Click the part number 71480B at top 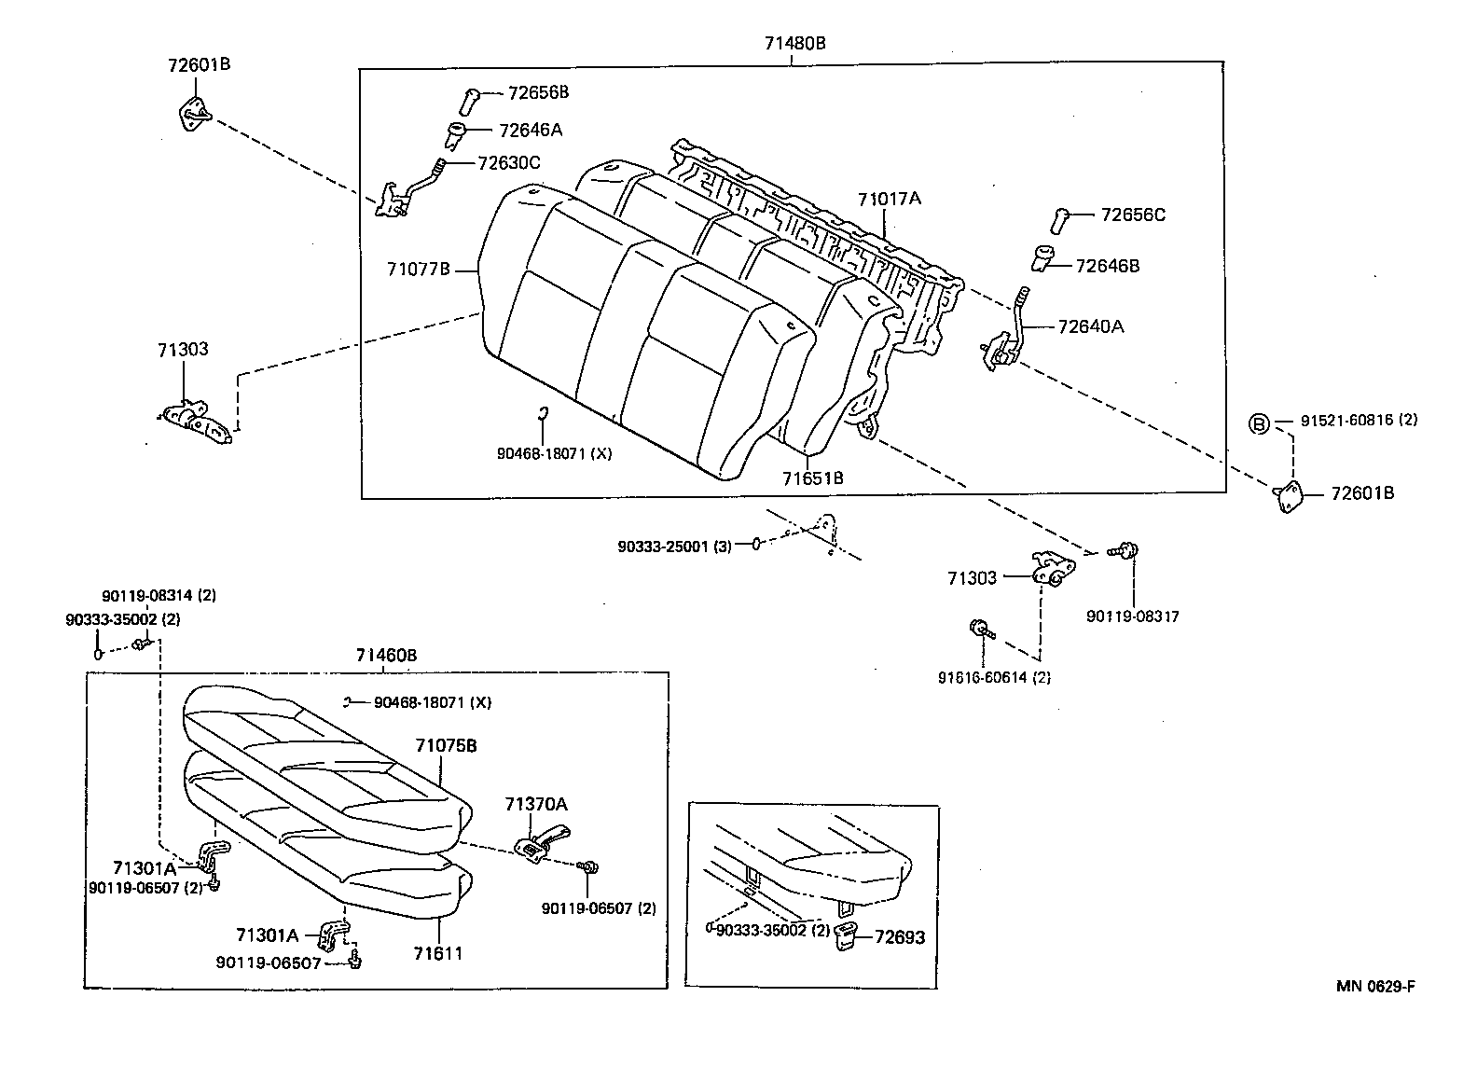794,43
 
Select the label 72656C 1132,215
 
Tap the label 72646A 530,131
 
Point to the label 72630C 508,163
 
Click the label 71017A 889,199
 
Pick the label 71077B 419,270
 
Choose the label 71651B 812,478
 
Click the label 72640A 1090,326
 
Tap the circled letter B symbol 1259,424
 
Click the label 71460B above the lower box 386,656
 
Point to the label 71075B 446,746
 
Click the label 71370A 535,804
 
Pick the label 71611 439,953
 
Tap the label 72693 899,937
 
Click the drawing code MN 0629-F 1375,987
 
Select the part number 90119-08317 1132,616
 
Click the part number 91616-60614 994,678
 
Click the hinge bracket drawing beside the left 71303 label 196,420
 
